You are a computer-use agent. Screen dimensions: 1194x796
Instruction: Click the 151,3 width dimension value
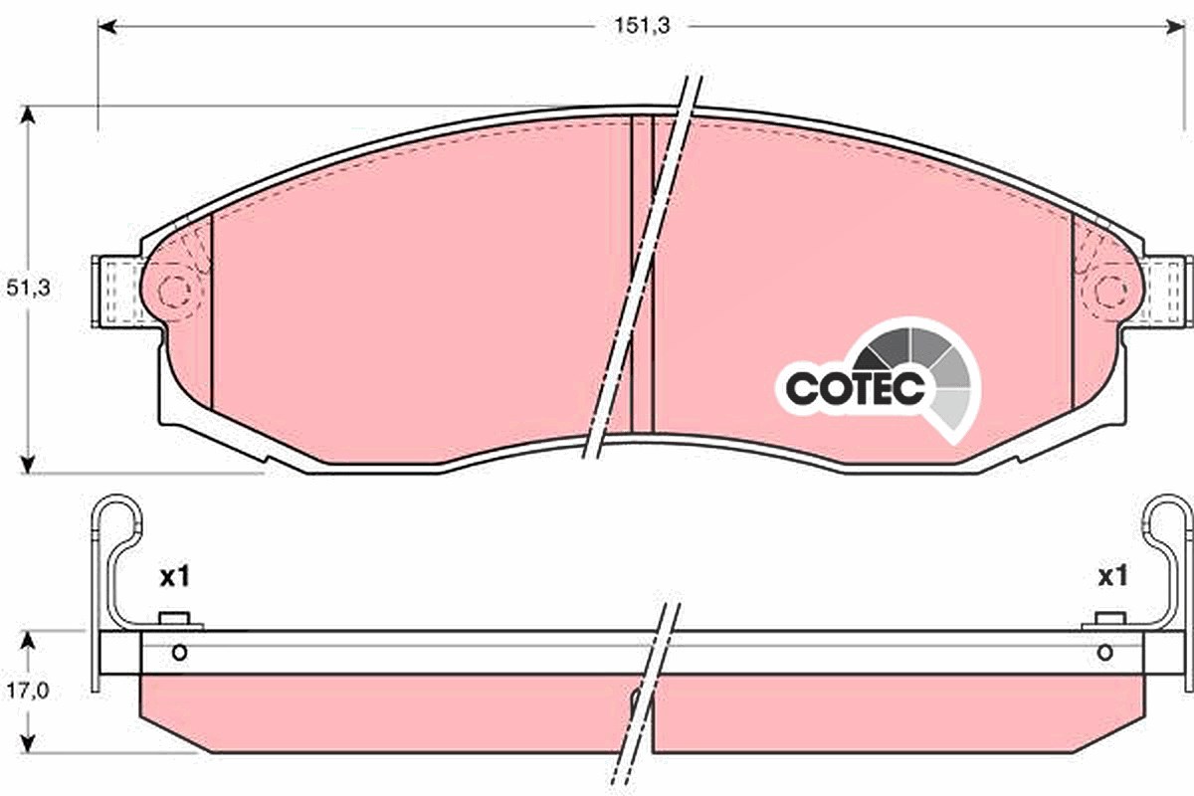point(642,26)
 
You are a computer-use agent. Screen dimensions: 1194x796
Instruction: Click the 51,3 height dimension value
point(28,288)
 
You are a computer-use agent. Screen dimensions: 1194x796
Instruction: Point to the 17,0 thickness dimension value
point(28,691)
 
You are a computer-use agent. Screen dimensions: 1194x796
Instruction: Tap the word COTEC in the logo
point(855,388)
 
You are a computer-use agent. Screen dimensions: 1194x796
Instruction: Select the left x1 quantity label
point(175,577)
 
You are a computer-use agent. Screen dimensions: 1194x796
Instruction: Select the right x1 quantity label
point(1113,576)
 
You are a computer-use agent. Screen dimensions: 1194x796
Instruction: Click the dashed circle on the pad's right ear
point(1110,292)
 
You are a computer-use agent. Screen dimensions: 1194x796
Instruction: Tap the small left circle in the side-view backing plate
point(180,652)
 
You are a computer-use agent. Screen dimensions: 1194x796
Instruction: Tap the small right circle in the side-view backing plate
point(1105,652)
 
